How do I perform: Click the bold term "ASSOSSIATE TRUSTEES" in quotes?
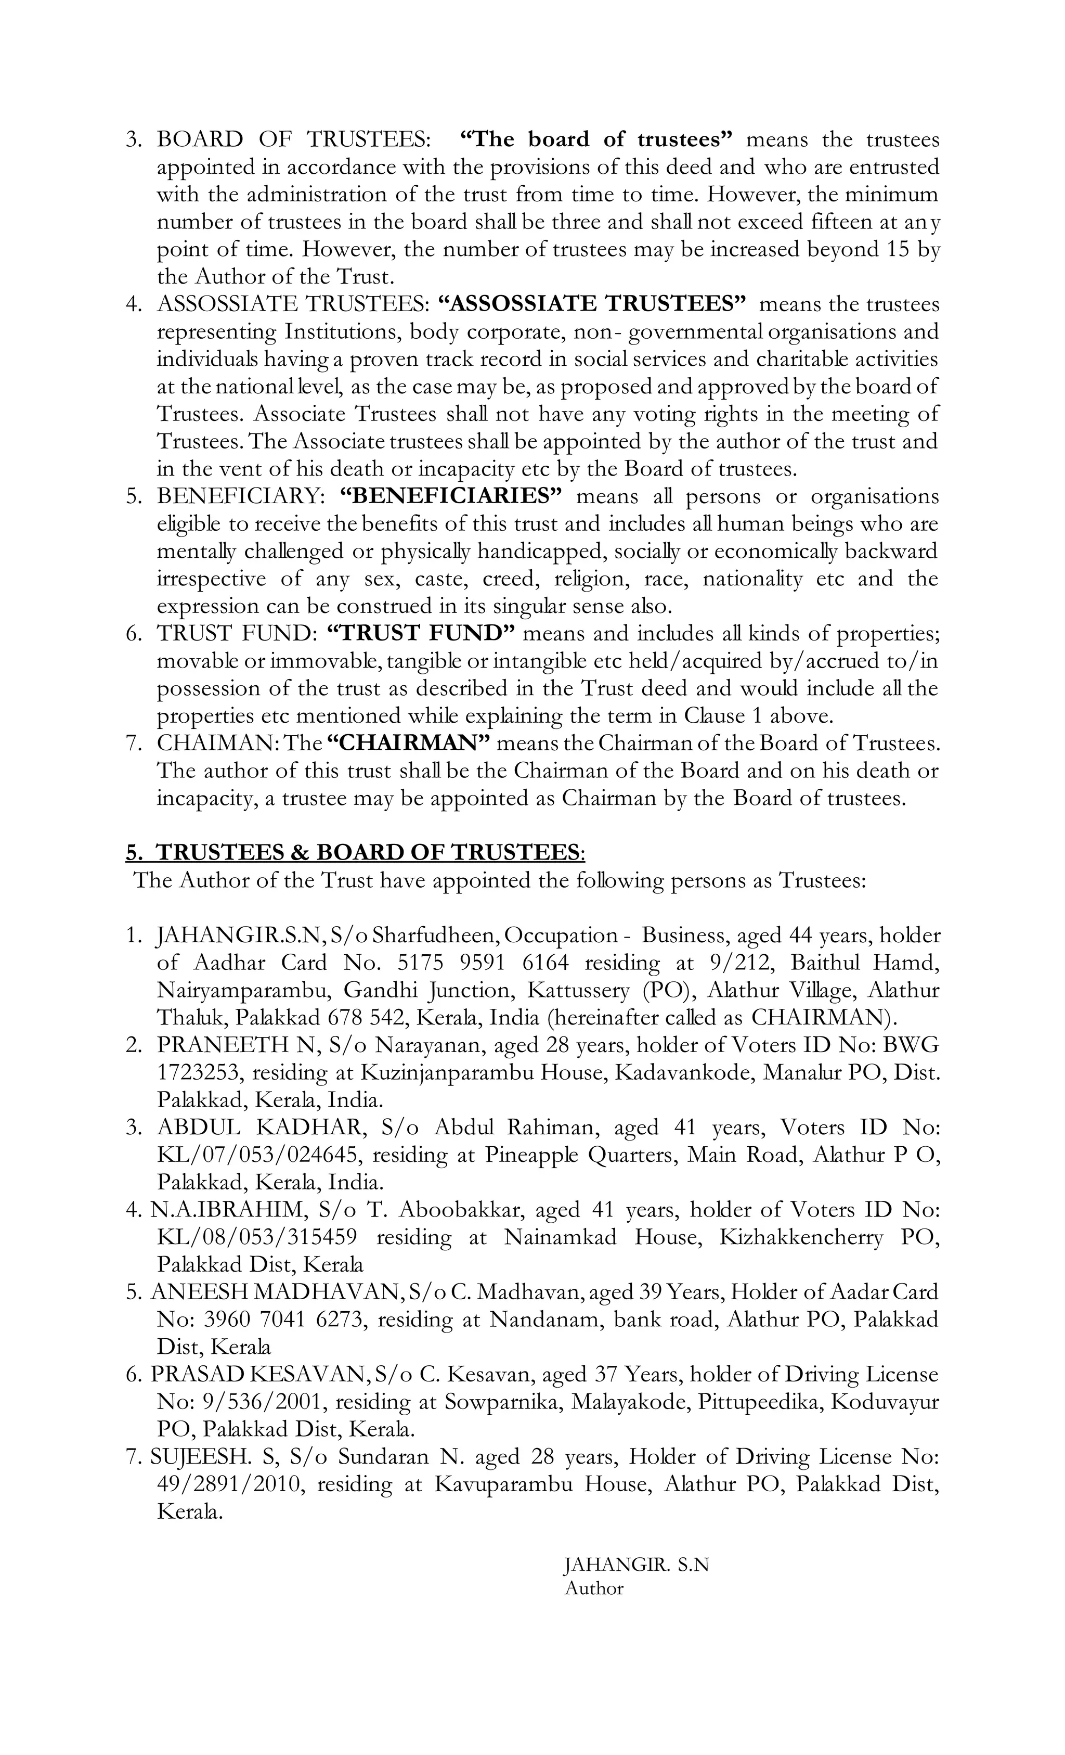pos(592,304)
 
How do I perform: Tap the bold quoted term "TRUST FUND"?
pos(421,633)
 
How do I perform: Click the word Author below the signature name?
pos(594,1589)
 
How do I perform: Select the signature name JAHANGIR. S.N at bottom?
pos(637,1566)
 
